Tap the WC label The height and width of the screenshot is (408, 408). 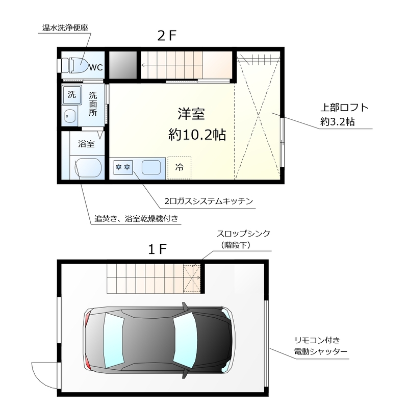click(97, 67)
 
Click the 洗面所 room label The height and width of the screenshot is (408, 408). click(93, 104)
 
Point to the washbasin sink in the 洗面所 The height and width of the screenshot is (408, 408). click(70, 116)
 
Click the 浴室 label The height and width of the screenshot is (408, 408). click(86, 144)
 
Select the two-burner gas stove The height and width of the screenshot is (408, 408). click(123, 167)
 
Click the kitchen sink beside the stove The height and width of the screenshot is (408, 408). click(151, 167)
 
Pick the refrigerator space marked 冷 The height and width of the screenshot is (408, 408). click(179, 167)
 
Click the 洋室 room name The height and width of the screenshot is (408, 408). click(191, 113)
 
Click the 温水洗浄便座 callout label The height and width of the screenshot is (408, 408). click(63, 28)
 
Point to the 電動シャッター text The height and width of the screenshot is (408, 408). click(321, 352)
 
